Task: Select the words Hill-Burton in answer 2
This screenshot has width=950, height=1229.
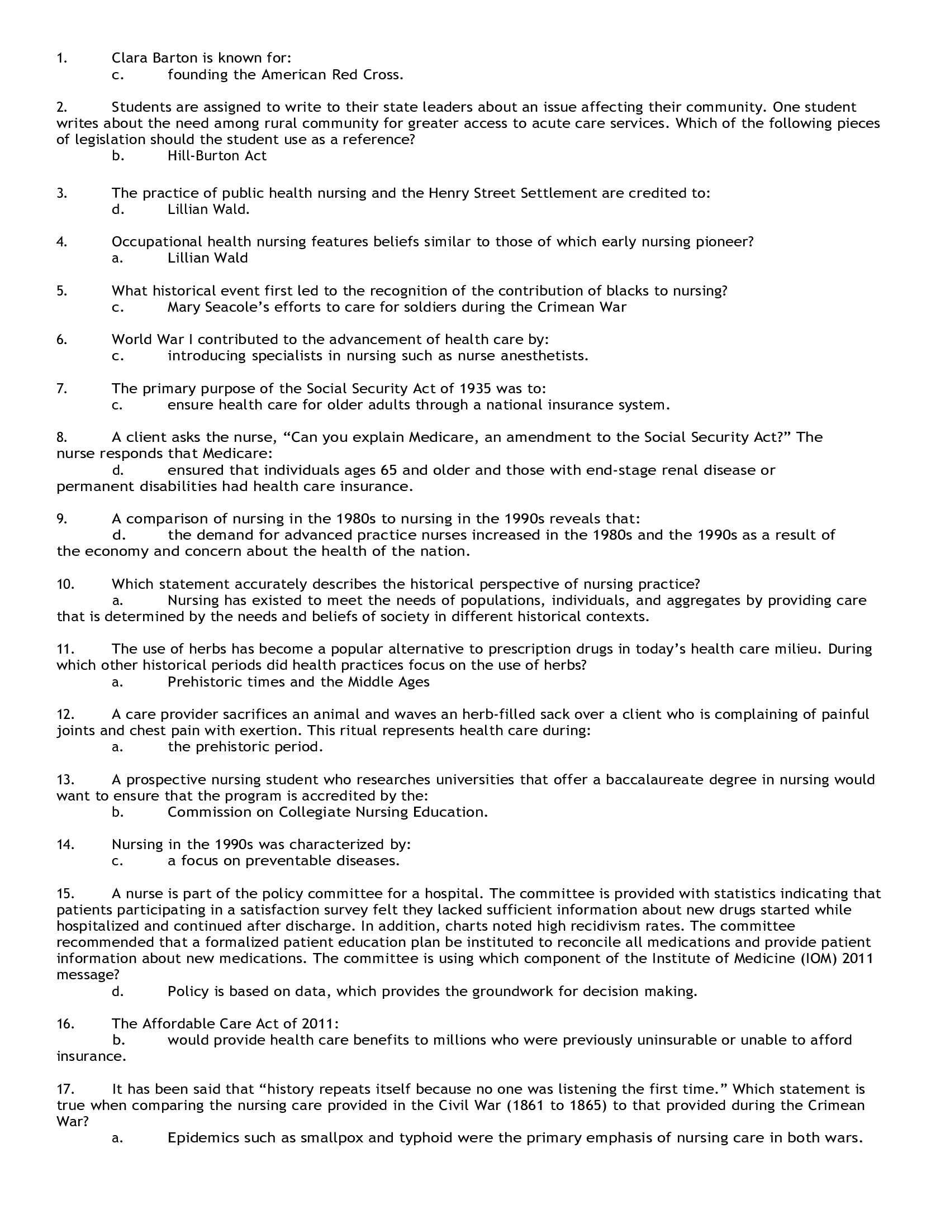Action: [204, 156]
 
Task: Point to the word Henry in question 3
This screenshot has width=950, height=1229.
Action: [449, 193]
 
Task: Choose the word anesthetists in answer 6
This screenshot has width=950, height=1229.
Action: [544, 356]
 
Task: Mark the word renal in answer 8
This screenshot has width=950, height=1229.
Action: [678, 470]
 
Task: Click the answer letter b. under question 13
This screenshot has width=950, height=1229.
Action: [117, 812]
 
